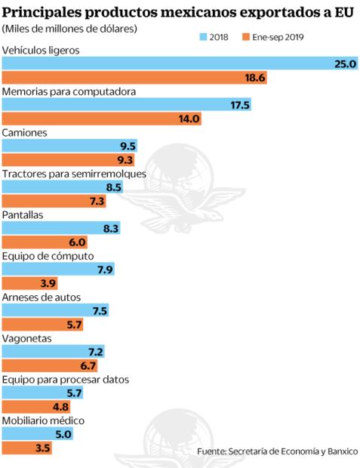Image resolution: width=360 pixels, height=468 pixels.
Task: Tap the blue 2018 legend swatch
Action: coord(203,36)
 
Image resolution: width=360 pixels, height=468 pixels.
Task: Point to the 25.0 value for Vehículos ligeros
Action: coord(344,64)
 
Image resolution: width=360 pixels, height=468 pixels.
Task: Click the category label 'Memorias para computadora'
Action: coord(69,91)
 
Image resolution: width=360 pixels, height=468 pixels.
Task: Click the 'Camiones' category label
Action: coord(25,132)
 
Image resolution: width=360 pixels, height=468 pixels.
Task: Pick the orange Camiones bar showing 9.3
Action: coord(68,160)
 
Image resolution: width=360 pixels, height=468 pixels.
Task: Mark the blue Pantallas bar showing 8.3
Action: coord(60,228)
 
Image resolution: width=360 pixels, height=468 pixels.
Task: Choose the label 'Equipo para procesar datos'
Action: coord(66,379)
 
